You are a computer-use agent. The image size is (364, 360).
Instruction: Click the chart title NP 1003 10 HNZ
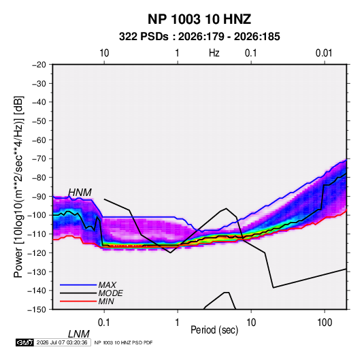point(199,19)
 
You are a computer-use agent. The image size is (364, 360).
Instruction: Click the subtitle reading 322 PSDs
point(144,37)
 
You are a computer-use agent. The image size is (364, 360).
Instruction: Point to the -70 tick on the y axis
point(39,159)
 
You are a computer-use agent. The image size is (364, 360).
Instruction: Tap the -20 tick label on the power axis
point(39,65)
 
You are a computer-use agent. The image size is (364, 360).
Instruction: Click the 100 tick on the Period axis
point(325,323)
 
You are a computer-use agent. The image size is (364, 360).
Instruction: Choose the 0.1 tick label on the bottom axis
point(104,323)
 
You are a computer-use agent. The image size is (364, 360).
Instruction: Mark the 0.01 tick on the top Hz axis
point(324,53)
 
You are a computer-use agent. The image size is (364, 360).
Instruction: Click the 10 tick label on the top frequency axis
point(104,53)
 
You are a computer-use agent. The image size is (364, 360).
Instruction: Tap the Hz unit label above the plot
point(214,53)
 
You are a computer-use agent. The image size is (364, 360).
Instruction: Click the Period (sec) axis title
point(214,330)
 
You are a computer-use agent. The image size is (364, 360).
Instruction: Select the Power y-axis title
point(18,187)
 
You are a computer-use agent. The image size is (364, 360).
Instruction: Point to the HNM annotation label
point(80,193)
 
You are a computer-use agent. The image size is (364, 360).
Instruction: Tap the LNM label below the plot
point(79,334)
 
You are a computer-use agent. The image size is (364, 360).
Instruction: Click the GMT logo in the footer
point(24,342)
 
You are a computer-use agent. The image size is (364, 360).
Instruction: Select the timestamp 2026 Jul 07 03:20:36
point(62,342)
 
